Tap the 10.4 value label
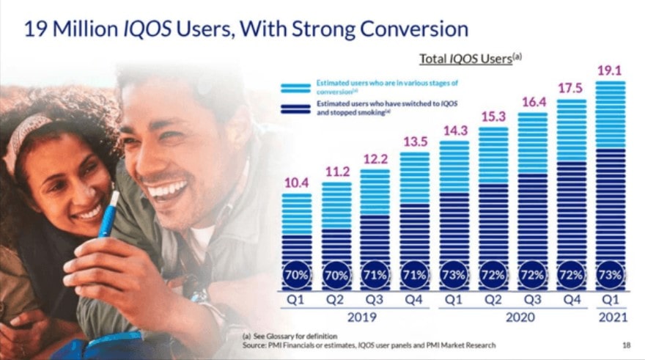296,184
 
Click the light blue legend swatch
296,88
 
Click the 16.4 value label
532,103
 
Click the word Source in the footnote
255,345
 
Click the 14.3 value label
454,131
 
